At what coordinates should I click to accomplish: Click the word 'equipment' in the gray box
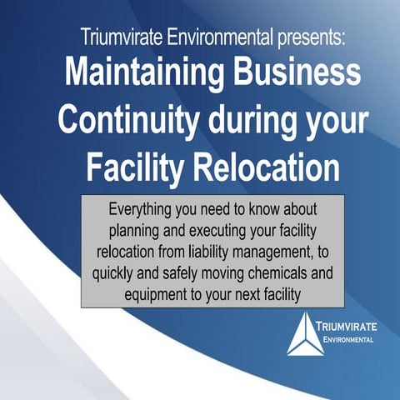[158, 294]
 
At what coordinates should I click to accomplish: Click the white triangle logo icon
[305, 334]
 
